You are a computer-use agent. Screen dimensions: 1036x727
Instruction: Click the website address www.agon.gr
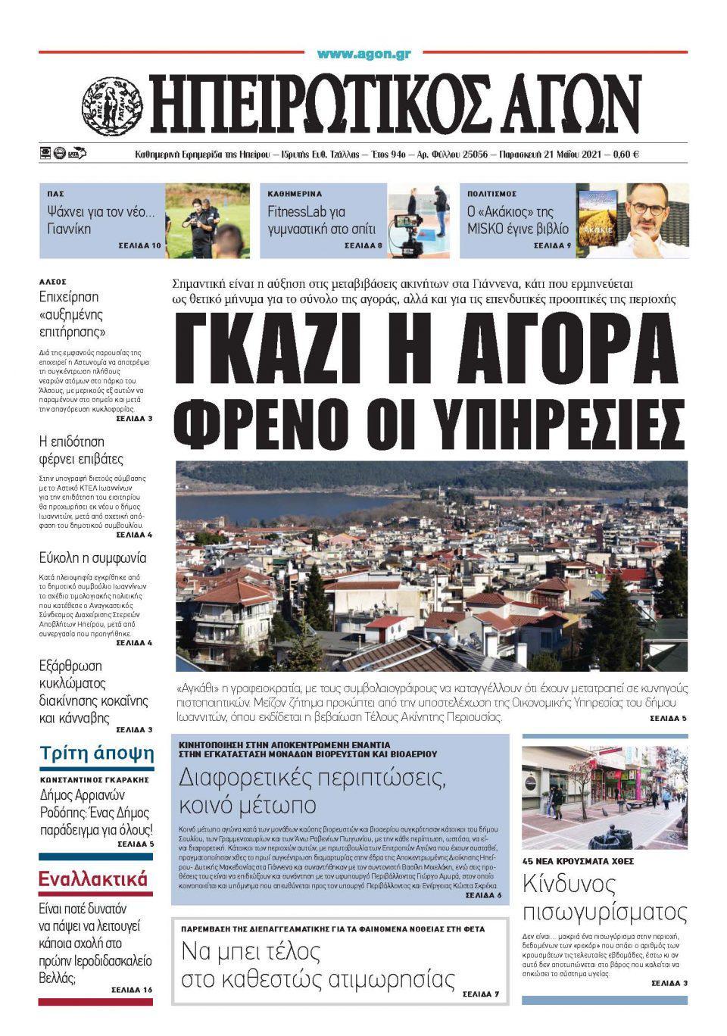[363, 54]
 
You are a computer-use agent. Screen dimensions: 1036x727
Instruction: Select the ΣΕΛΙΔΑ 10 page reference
[139, 247]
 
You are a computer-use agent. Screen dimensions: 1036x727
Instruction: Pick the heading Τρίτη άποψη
[97, 754]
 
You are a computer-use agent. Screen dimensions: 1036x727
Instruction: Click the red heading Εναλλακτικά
[93, 880]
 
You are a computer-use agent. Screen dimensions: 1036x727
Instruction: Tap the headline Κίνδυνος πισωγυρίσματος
[604, 897]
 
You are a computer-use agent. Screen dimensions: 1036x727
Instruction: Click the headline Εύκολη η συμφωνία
[93, 558]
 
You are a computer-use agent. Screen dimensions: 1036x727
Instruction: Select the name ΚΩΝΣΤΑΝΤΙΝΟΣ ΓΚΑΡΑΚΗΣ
[95, 779]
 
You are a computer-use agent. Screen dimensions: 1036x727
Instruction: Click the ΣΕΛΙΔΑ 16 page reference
[132, 990]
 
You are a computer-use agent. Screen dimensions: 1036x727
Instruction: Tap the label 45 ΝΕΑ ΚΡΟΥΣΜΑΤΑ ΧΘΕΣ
[578, 861]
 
